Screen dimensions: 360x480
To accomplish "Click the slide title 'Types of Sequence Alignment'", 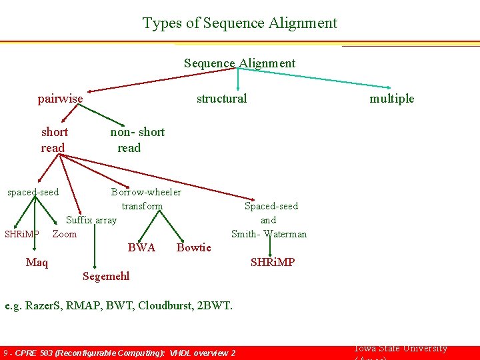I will pyautogui.click(x=240, y=23).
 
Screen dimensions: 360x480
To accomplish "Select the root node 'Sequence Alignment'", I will pyautogui.click(x=239, y=63).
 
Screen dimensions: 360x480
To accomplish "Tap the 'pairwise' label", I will pyautogui.click(x=61, y=99).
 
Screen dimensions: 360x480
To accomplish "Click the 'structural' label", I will pyautogui.click(x=221, y=99).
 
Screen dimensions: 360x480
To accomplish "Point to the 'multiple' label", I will pyautogui.click(x=392, y=99).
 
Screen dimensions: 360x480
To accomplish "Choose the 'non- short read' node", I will pyautogui.click(x=137, y=139).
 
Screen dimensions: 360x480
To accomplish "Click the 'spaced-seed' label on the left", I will pyautogui.click(x=33, y=193).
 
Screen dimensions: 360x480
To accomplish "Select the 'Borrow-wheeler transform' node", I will pyautogui.click(x=145, y=199).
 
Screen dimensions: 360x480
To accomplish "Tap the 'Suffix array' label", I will pyautogui.click(x=91, y=220).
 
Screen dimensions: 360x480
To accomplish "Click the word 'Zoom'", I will pyautogui.click(x=65, y=234).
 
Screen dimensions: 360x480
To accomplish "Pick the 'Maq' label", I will pyautogui.click(x=37, y=263).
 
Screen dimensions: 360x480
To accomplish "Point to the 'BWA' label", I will pyautogui.click(x=141, y=248).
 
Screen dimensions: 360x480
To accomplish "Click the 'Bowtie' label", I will pyautogui.click(x=193, y=248).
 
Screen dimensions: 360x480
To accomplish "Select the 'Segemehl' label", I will pyautogui.click(x=106, y=276).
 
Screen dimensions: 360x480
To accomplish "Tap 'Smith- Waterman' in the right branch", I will pyautogui.click(x=269, y=234).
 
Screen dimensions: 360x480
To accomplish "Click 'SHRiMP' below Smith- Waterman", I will pyautogui.click(x=272, y=263).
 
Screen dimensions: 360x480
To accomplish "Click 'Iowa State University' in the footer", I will pyautogui.click(x=399, y=349).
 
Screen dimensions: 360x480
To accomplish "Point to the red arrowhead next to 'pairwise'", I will pyautogui.click(x=91, y=91).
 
